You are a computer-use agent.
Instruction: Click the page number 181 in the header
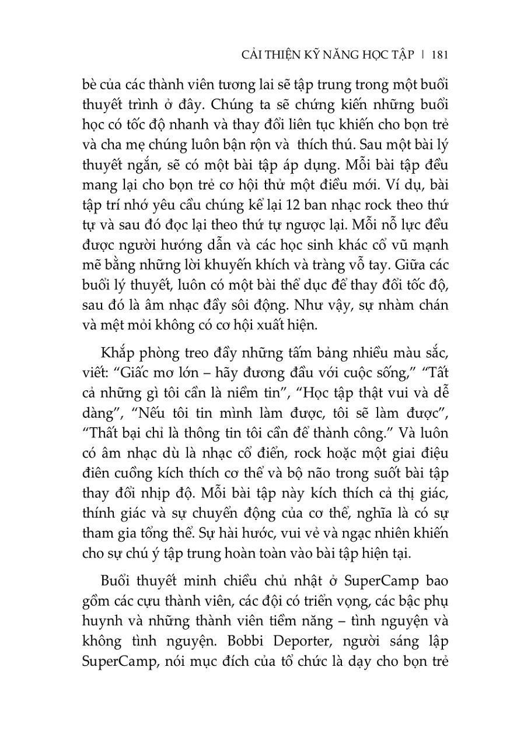pyautogui.click(x=439, y=55)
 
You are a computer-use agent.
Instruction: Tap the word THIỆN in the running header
pyautogui.click(x=287, y=55)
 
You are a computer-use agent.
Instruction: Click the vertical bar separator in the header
pyautogui.click(x=423, y=55)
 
